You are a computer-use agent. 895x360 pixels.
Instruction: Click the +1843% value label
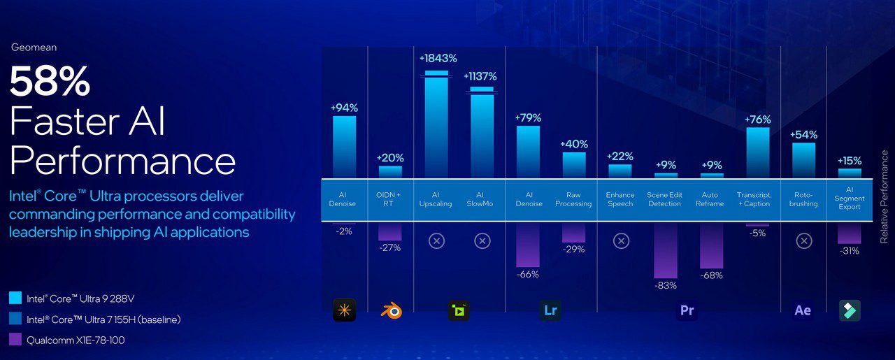tap(437, 58)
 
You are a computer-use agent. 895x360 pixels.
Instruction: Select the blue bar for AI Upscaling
tap(437, 126)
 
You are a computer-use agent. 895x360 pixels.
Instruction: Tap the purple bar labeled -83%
tap(666, 250)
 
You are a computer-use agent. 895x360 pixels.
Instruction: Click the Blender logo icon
tap(391, 310)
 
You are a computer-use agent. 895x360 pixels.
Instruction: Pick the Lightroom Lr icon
tap(550, 310)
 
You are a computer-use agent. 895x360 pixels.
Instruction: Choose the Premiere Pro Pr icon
tap(687, 310)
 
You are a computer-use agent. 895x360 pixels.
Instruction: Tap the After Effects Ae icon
tap(803, 310)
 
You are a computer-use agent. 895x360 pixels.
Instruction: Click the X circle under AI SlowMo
tap(482, 241)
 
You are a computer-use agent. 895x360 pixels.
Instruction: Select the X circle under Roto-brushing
tap(804, 241)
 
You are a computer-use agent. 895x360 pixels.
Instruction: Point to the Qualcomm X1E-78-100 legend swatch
tap(15, 340)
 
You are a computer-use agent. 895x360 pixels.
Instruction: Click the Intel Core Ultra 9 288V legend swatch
tap(15, 298)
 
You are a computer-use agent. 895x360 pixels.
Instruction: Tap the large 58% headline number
tap(50, 82)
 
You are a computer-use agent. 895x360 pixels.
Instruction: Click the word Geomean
tap(34, 48)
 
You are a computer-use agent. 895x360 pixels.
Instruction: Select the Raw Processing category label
tap(574, 199)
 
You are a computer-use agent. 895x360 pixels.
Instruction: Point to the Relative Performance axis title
tap(884, 196)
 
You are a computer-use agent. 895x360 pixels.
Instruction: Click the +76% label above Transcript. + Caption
tap(757, 120)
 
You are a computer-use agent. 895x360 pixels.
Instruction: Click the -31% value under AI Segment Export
tap(849, 251)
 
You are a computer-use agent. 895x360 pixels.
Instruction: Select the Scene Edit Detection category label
tap(665, 199)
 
